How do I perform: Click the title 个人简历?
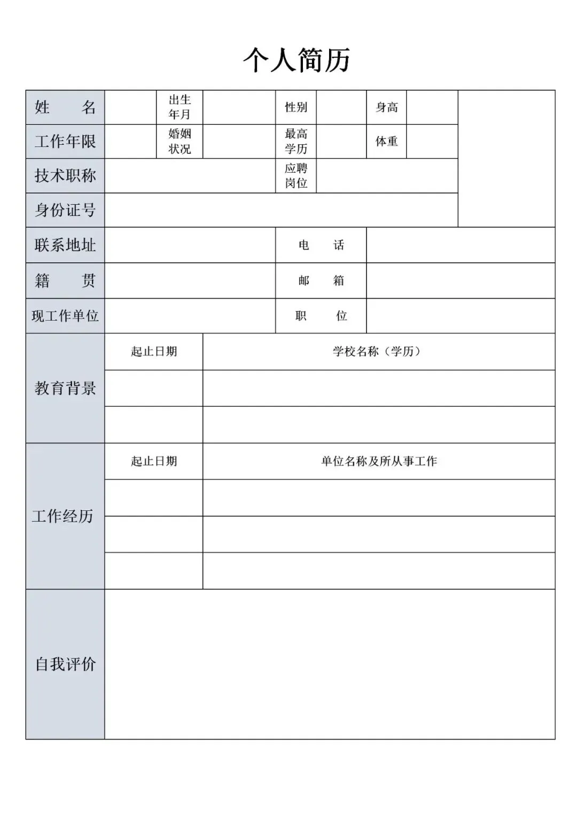coord(297,59)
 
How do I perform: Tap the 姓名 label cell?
coord(65,107)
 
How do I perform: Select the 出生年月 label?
coord(180,107)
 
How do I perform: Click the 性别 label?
coord(296,107)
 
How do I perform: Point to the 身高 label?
coord(386,107)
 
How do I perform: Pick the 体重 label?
coord(386,142)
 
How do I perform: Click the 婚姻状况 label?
coord(180,142)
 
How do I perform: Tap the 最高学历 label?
coord(296,142)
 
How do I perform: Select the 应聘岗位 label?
coord(296,176)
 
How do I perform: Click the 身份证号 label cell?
coord(65,210)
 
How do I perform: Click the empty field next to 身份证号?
coord(281,210)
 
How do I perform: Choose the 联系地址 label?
coord(65,245)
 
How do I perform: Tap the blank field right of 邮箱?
coord(461,281)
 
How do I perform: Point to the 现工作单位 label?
coord(65,316)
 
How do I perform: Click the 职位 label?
coord(321,316)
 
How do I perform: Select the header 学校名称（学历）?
coord(379,352)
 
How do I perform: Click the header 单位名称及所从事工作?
coord(379,461)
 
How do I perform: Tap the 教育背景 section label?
coord(65,388)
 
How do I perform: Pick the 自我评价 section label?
coord(65,664)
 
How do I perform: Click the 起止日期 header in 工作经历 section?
coord(154,461)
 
